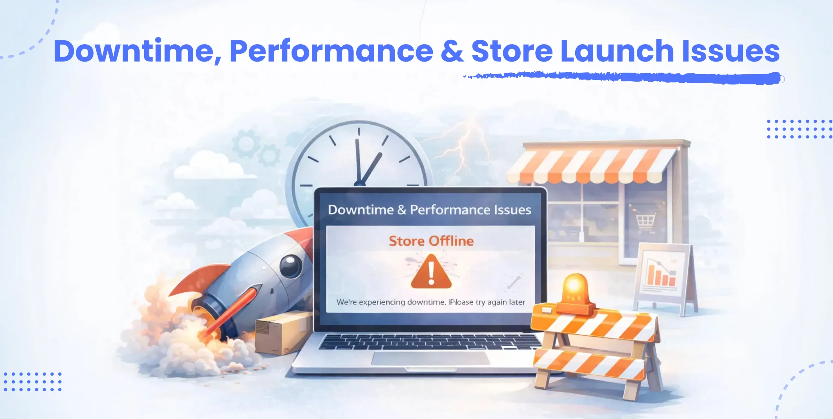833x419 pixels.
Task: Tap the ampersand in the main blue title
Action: (452, 51)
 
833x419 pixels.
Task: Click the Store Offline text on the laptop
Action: (431, 241)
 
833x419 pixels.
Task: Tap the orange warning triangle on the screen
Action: (431, 272)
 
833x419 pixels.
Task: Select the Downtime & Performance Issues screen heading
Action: (430, 210)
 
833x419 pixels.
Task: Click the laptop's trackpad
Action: (430, 358)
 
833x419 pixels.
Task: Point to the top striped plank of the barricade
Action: (594, 322)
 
